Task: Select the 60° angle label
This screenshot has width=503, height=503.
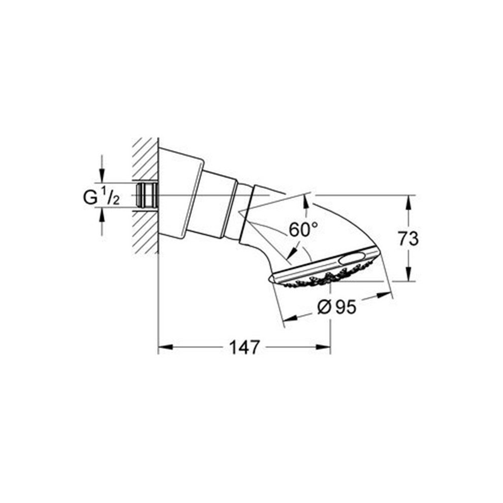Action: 304,230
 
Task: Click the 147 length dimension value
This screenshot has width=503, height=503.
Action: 245,348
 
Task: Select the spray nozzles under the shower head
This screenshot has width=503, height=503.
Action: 315,280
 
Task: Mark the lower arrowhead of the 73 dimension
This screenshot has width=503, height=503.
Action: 407,275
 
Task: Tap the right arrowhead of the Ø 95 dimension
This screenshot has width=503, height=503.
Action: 386,295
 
